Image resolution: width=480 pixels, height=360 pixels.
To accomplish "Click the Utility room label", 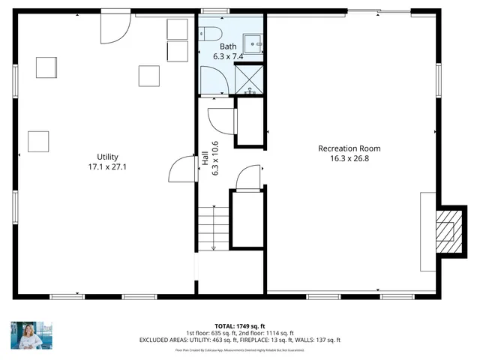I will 97,157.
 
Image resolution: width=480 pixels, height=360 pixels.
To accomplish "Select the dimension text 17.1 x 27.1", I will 97,166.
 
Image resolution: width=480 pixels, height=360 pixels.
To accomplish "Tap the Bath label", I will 217,46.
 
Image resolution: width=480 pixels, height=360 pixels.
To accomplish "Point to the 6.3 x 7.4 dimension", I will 217,55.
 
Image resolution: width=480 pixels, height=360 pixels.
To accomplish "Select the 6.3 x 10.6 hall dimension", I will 215,158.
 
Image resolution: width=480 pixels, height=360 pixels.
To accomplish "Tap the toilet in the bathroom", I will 210,33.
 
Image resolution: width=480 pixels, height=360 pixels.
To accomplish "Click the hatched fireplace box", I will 448,229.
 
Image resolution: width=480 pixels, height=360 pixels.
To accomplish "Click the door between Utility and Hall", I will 182,169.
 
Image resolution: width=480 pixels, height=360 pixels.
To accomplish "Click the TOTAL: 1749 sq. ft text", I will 239,326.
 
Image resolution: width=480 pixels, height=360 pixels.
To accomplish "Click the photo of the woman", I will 26,336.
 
